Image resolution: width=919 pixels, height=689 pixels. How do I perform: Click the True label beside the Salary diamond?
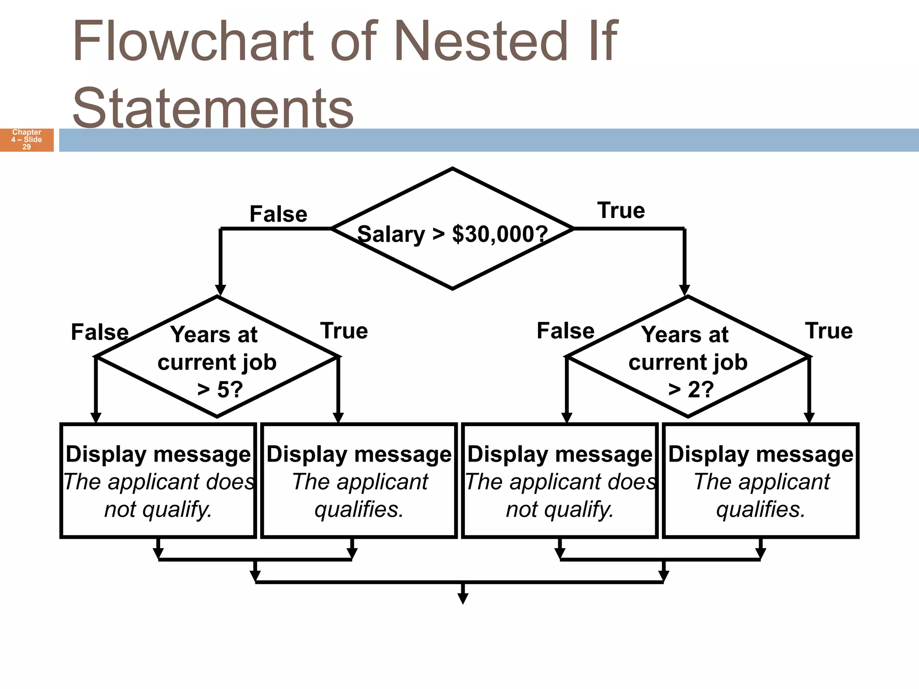pos(621,210)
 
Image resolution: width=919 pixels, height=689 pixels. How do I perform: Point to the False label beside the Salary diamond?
pos(278,214)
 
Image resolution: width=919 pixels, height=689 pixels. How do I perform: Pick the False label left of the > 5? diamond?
pos(100,332)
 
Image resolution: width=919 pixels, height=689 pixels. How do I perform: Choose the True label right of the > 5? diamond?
pos(344,331)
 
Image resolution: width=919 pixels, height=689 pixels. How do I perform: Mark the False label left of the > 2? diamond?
pos(565,331)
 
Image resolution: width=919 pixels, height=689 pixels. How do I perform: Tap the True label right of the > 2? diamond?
pos(829,331)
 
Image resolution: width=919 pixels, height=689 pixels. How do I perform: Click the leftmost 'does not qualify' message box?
pos(158,480)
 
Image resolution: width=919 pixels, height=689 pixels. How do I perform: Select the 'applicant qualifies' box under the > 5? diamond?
pos(359,480)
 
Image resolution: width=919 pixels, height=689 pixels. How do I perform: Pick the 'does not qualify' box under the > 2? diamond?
pos(560,480)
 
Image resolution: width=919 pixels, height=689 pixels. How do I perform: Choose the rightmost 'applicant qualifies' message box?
pos(761,480)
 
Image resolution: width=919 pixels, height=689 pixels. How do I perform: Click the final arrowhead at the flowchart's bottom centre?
pos(463,598)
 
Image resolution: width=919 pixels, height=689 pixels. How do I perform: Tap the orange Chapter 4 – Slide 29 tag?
pos(27,140)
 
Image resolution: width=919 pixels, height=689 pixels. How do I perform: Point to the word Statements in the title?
pos(213,108)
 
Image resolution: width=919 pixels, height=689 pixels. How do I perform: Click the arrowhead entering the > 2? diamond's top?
pos(684,290)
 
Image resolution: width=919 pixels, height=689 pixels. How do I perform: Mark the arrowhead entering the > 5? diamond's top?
pos(220,290)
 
